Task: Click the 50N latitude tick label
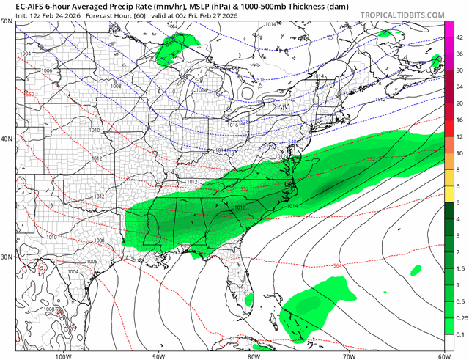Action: click(x=7, y=22)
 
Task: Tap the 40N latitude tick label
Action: click(x=7, y=139)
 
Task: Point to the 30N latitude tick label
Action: click(x=7, y=257)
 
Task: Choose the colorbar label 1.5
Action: click(x=459, y=269)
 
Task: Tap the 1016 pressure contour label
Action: click(x=233, y=125)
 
